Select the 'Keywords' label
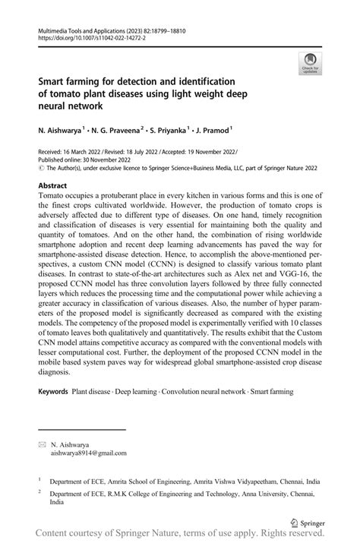[52, 392]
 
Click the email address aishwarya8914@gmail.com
[89, 452]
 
